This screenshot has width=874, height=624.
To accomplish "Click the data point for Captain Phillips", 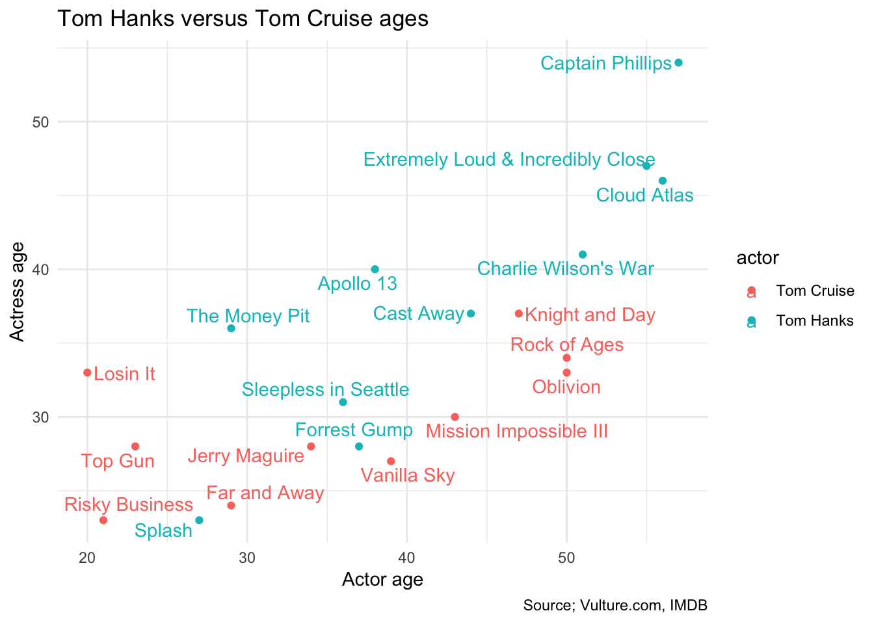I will point(678,63).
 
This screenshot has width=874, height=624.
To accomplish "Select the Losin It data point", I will point(87,372).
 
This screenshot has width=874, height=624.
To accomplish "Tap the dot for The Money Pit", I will point(231,328).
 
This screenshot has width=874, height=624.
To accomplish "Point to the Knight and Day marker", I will point(518,313).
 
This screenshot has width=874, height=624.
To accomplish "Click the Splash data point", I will point(199,520).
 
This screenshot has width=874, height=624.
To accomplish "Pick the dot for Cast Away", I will point(471,313).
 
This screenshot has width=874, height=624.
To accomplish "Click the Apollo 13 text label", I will point(357,284).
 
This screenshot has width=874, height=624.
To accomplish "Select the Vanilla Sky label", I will point(408,476).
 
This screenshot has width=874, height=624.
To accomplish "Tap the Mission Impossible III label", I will point(517,431).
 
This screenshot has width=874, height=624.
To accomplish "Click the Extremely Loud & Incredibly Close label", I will point(509,160).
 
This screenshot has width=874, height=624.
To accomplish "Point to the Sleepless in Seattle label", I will point(325,390).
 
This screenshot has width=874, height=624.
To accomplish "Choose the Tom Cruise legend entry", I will point(815,291).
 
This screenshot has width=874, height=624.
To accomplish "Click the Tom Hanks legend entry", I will point(814,320).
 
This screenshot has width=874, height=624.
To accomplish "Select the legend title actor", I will point(758,258).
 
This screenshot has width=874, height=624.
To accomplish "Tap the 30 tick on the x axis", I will point(247,558).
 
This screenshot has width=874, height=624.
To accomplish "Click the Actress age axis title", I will point(18,291).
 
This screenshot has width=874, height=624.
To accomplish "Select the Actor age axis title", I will point(382,579).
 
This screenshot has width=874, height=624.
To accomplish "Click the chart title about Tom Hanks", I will point(243,19).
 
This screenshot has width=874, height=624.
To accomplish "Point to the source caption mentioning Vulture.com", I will point(615,606).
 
